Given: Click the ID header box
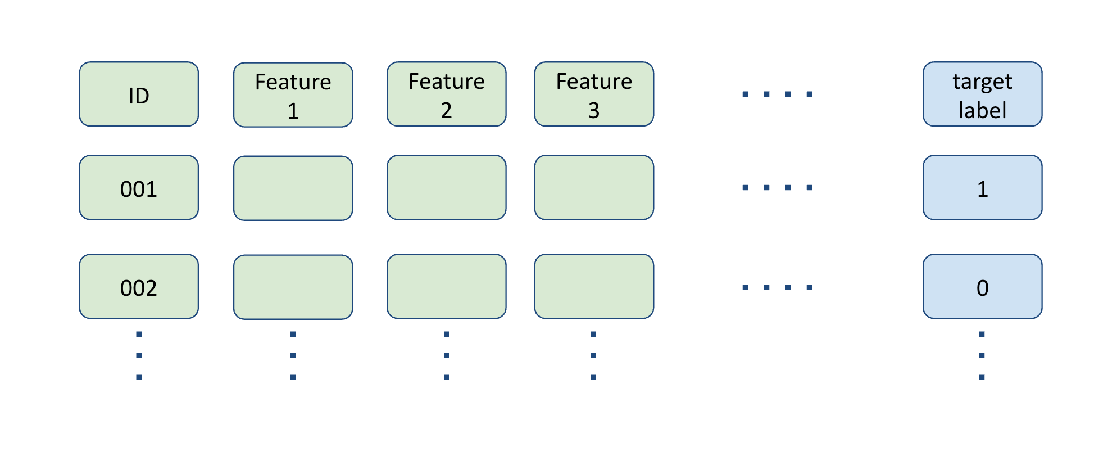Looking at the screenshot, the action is [139, 94].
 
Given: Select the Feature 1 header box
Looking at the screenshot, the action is [293, 95].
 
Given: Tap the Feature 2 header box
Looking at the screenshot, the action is [447, 94].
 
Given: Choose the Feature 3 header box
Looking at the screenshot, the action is [594, 94].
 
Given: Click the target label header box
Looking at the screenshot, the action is [983, 94].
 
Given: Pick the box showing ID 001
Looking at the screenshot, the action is [139, 187].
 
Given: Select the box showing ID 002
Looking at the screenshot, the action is [139, 286].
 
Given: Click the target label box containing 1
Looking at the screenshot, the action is [983, 187].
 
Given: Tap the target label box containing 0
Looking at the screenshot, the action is [983, 286].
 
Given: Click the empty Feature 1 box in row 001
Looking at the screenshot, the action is [293, 188].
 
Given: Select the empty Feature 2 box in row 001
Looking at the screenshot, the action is [447, 187].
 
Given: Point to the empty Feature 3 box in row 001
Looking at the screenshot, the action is [594, 187].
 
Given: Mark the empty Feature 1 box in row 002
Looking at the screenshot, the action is [293, 287].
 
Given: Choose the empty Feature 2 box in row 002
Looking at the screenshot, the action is [447, 286].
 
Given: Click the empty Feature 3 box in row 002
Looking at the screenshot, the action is [594, 286].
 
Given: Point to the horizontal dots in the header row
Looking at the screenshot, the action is [778, 94].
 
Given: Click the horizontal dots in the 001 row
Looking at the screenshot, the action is [778, 187].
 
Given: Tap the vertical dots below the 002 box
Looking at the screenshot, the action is [139, 355].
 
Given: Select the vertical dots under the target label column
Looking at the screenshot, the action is [982, 355].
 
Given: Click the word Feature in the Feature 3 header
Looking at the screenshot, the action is [594, 82].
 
